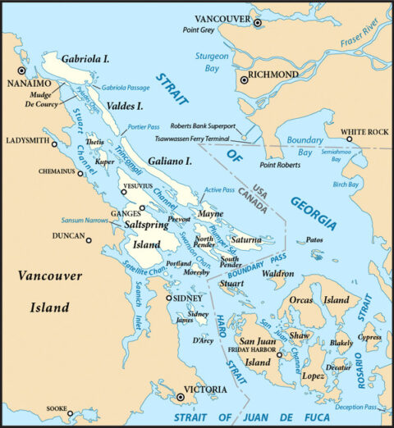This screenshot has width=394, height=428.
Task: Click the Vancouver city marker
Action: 258,24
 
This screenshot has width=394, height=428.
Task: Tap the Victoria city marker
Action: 181,397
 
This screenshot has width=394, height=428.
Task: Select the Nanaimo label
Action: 30,84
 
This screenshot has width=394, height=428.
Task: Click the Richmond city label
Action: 275,75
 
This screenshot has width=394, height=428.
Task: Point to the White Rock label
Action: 364,132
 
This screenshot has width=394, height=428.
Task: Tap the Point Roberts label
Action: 279,165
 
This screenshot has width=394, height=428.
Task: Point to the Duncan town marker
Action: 89,240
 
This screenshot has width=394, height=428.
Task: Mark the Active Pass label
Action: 219,190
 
